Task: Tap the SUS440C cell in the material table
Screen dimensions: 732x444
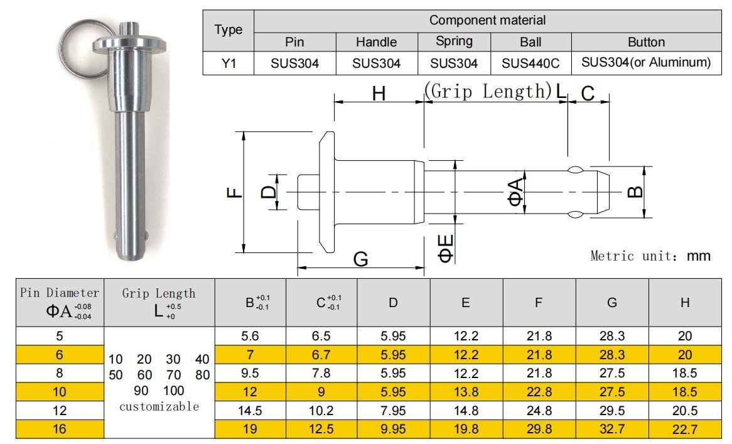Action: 530,63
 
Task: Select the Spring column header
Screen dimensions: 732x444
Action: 454,41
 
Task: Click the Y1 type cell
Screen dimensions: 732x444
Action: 229,63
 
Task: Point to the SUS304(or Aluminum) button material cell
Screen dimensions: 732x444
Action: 646,63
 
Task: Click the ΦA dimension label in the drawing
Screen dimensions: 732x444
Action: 515,192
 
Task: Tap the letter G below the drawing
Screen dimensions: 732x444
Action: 360,259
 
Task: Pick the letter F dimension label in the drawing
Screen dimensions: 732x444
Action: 234,192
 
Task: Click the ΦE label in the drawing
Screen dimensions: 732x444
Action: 446,249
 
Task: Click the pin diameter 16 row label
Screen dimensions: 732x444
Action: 59,429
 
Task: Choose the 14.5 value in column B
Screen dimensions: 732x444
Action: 250,411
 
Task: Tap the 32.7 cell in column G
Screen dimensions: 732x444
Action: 611,429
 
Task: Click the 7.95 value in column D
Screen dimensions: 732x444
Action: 393,411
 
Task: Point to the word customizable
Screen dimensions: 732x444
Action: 159,407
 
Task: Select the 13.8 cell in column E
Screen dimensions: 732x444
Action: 466,392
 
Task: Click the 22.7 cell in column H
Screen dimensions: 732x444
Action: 685,429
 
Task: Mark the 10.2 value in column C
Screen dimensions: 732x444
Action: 321,411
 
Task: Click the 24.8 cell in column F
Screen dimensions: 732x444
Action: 539,411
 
